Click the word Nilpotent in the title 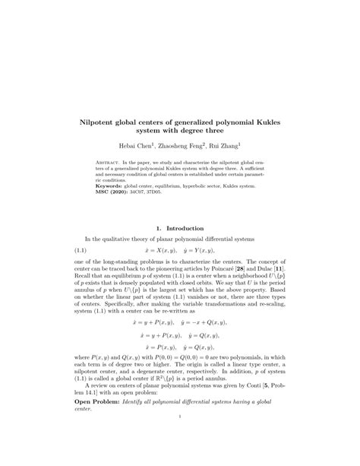pyautogui.click(x=101, y=119)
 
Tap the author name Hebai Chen pyautogui.click(x=136, y=144)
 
